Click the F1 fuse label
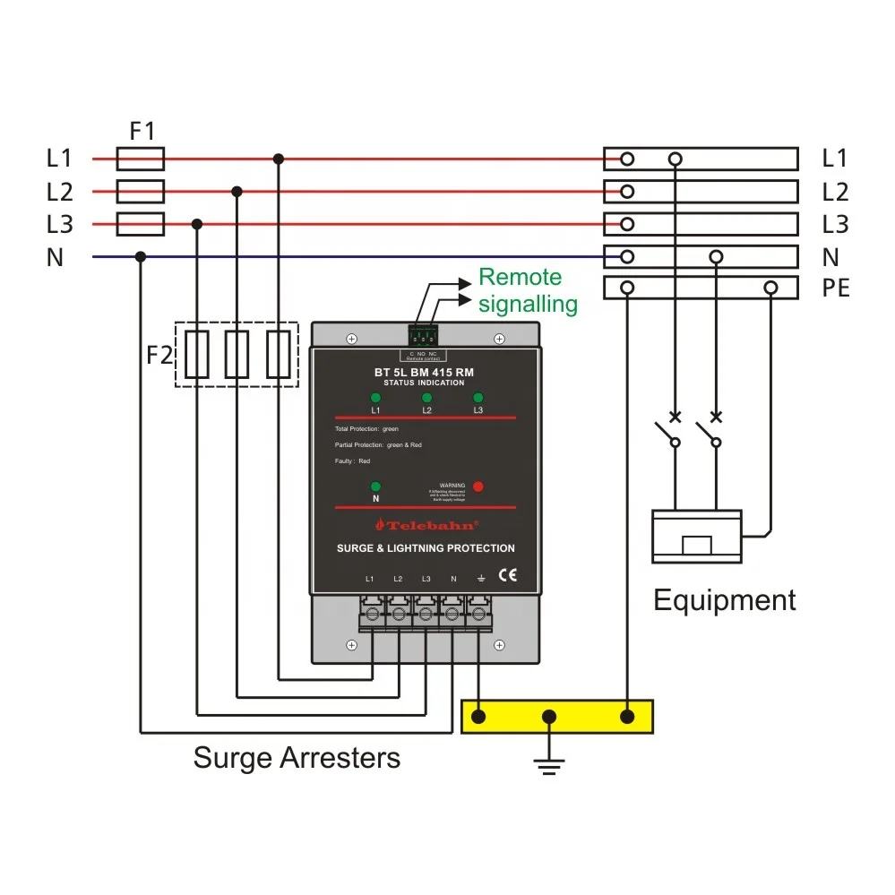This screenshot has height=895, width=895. point(142,132)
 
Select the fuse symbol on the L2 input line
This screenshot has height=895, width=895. point(142,192)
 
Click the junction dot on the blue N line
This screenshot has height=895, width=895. point(140,257)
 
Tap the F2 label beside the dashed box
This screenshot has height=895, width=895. point(159,355)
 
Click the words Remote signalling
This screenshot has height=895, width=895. point(527,290)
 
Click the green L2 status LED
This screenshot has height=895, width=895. point(426,398)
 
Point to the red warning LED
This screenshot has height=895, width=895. point(478,486)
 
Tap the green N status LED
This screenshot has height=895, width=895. point(375,487)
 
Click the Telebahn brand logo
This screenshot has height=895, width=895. point(426,525)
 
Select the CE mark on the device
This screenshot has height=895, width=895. point(506,576)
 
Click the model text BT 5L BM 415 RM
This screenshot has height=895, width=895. point(424,372)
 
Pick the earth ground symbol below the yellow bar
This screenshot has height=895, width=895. point(549,762)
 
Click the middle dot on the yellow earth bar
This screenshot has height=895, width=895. point(550,717)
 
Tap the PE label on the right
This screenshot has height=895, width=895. point(835,289)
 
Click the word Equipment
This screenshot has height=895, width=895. point(724,600)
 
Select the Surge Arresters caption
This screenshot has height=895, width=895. point(297,758)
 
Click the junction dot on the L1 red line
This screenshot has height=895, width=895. point(279,159)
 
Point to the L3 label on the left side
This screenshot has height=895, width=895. point(59,224)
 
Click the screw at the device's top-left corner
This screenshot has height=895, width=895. point(352,339)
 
